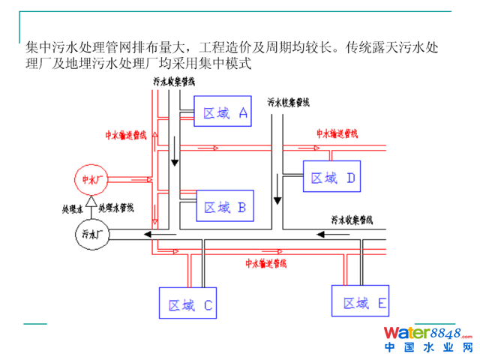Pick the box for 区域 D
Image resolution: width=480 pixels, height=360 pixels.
(x=332, y=178)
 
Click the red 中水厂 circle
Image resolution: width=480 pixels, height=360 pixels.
(x=90, y=179)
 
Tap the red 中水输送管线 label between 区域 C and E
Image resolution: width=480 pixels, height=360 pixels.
(x=266, y=263)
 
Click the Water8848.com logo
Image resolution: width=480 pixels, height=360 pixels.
(x=428, y=333)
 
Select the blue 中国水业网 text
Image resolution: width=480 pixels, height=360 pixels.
(x=429, y=348)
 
